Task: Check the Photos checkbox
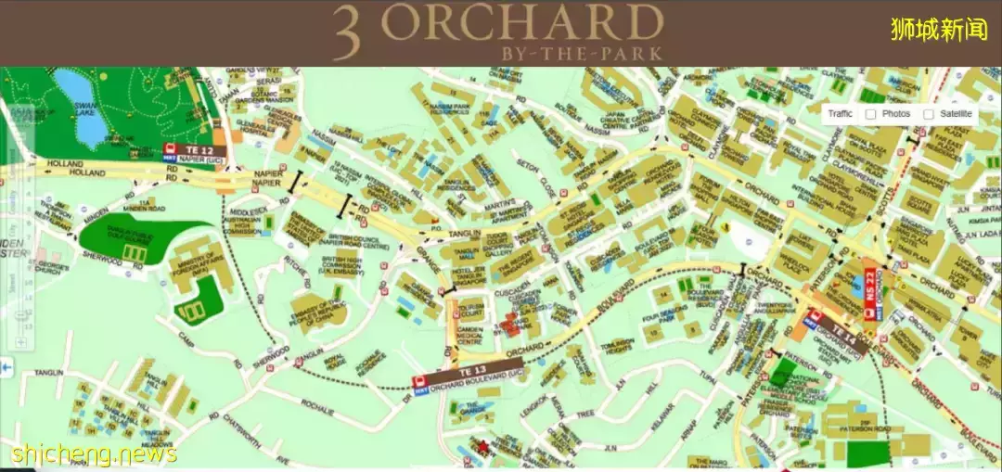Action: pyautogui.click(x=870, y=114)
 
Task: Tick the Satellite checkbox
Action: pyautogui.click(x=929, y=114)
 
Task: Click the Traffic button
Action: pyautogui.click(x=840, y=114)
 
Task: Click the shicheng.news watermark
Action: pyautogui.click(x=94, y=453)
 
